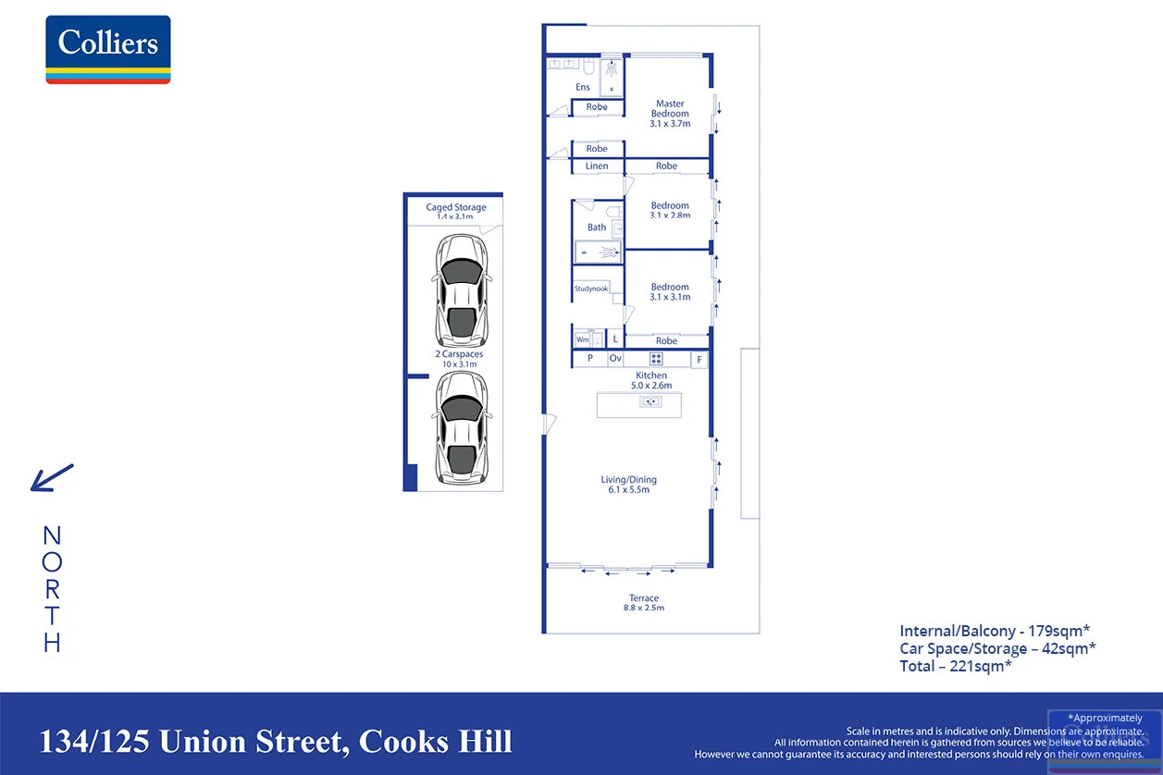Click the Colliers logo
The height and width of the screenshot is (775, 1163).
point(108,49)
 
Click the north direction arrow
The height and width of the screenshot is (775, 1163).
point(52,477)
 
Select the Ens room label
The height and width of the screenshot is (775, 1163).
point(583,87)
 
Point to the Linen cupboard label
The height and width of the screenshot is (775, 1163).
point(597,166)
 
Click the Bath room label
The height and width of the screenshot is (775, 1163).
point(597,228)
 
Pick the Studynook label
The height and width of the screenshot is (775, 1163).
point(591,289)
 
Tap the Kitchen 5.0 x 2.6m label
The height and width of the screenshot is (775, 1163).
point(651,380)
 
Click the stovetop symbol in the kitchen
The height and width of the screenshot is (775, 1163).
point(656,359)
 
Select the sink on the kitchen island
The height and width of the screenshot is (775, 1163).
point(650,401)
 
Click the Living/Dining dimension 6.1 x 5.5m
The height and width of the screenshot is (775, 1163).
point(629,490)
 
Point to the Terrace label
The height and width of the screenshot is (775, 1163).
point(644,598)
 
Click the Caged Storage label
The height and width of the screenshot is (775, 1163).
point(456,207)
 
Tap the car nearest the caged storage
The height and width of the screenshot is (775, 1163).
point(461,290)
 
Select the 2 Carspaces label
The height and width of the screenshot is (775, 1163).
point(459,354)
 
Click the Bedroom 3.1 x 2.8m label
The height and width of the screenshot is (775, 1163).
point(670,210)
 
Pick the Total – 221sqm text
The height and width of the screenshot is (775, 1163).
point(956,666)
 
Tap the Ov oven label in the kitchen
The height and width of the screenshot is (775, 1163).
point(615,358)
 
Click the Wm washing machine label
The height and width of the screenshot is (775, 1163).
point(583,340)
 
